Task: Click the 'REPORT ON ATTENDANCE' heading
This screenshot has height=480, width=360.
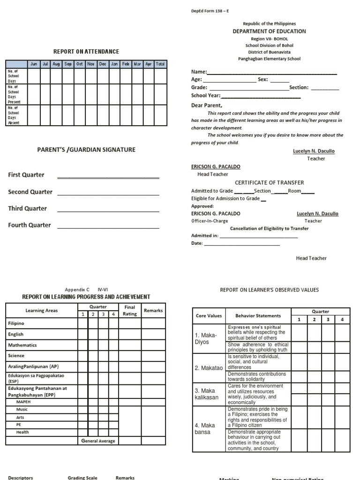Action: (x=86, y=52)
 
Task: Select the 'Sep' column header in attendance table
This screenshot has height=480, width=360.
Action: (x=68, y=64)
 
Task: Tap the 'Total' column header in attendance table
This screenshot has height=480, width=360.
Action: (x=160, y=64)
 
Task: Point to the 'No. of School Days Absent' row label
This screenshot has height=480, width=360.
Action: (x=14, y=115)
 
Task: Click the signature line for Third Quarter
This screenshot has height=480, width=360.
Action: (x=108, y=212)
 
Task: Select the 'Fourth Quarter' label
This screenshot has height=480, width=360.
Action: (x=30, y=225)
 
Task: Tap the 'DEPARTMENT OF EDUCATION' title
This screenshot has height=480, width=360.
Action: (x=269, y=31)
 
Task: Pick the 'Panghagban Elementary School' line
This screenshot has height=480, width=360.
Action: (x=269, y=59)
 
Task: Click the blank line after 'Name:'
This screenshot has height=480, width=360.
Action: (x=272, y=73)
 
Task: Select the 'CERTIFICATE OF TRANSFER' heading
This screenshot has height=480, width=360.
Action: (x=269, y=182)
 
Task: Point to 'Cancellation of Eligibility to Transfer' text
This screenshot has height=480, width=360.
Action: (x=269, y=228)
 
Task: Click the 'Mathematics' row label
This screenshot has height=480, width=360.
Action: (x=22, y=345)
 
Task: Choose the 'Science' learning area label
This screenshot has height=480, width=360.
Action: (x=16, y=356)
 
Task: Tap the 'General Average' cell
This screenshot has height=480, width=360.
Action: (x=98, y=441)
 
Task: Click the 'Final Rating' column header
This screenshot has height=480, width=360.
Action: (x=130, y=310)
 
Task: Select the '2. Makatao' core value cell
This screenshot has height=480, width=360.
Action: (x=209, y=368)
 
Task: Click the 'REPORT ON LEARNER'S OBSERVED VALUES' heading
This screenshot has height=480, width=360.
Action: (x=269, y=290)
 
